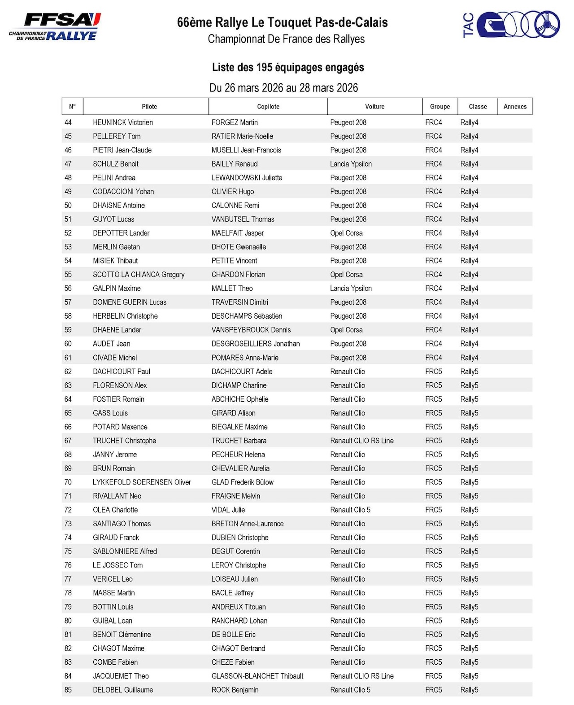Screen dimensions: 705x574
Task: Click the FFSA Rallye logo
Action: coord(55,27)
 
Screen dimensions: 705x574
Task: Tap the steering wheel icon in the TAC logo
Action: coord(547,25)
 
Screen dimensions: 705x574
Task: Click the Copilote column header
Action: coord(268,107)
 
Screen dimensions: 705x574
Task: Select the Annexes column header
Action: coord(515,107)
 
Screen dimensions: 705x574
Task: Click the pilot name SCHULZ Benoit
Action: coord(116,164)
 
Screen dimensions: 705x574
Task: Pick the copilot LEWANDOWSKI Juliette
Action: coord(247,178)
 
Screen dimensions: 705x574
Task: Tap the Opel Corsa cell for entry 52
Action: coord(346,233)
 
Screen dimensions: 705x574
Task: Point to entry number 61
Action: coord(68,358)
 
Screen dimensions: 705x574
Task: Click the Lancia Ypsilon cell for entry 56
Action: coord(351,289)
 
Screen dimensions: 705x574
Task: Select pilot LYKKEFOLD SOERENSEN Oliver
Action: coord(142,482)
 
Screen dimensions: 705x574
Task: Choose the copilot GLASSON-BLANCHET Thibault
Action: coord(257,676)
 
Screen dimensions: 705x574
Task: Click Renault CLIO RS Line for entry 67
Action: coord(361,441)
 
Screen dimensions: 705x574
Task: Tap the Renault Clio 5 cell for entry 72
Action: coord(350,510)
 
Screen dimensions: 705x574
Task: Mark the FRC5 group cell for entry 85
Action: coord(433,690)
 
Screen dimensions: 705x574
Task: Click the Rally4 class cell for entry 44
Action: coord(469,122)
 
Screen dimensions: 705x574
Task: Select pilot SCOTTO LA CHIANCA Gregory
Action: coord(139,275)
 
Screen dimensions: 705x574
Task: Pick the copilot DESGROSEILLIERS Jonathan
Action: coord(256,344)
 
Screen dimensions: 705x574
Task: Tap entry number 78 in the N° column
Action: coord(68,593)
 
